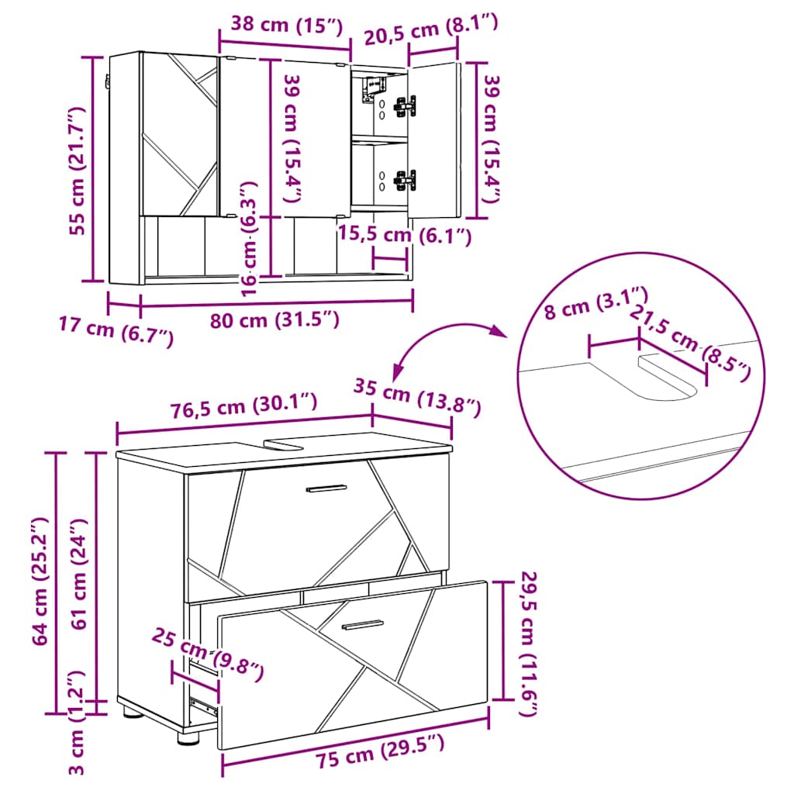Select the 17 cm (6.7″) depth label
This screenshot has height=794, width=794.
(x=116, y=333)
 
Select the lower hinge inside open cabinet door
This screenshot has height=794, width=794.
(x=405, y=179)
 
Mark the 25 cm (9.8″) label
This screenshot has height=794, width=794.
(x=206, y=652)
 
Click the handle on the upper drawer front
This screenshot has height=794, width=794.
(x=326, y=488)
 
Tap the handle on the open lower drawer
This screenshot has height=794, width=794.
(x=363, y=624)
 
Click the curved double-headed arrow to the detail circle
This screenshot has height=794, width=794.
(x=446, y=339)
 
